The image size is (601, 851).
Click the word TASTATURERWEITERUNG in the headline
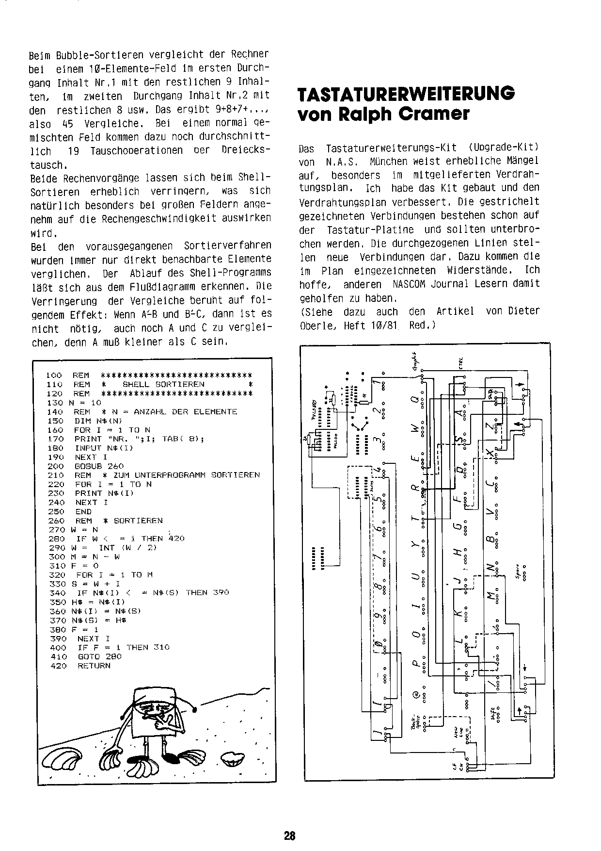406,94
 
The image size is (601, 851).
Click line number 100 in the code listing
54,375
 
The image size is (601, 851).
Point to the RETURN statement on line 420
94,666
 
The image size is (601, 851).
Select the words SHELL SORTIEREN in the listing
163,384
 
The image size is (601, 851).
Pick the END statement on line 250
83,511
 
